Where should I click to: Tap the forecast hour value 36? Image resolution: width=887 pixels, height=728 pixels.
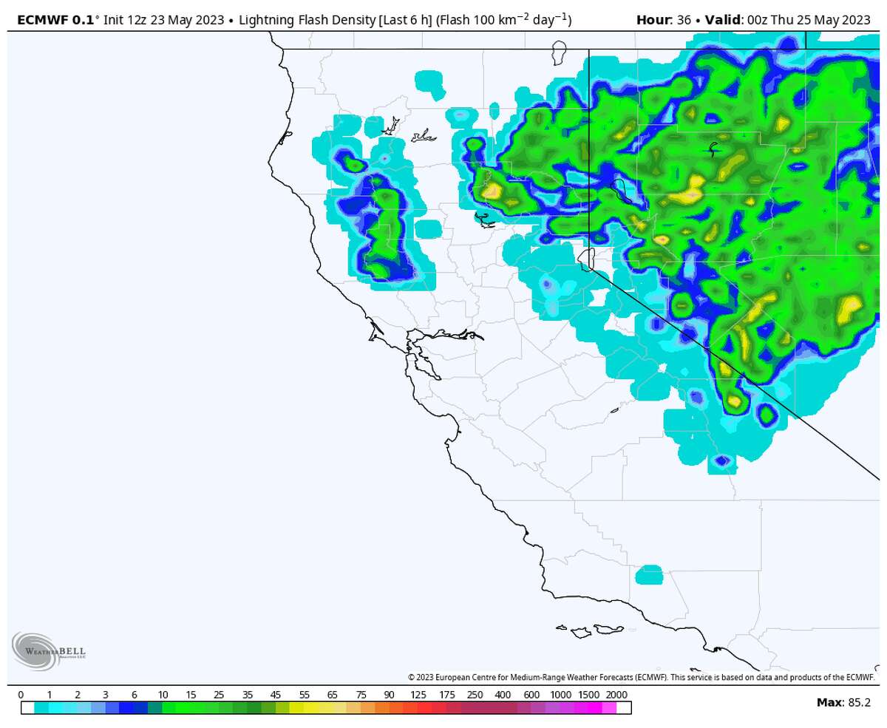tap(684, 20)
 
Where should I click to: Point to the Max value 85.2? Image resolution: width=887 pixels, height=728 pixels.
tap(857, 702)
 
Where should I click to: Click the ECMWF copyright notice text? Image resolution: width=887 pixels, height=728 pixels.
tap(641, 677)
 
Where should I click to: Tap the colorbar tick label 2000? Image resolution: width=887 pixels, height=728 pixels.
tap(616, 695)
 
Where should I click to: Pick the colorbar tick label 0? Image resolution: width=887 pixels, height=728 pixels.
tap(21, 695)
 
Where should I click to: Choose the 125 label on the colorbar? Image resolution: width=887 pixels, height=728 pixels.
tap(418, 695)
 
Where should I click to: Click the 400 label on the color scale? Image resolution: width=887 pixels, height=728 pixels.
tap(503, 695)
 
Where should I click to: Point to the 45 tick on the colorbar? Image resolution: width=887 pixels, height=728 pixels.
tap(276, 695)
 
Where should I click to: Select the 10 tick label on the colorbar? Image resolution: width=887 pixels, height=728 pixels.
tap(163, 695)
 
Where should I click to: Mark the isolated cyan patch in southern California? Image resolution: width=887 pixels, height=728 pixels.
tap(649, 574)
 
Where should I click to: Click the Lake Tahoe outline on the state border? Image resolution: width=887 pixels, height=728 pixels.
tap(585, 259)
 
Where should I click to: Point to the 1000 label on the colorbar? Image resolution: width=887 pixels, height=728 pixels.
tap(560, 695)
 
